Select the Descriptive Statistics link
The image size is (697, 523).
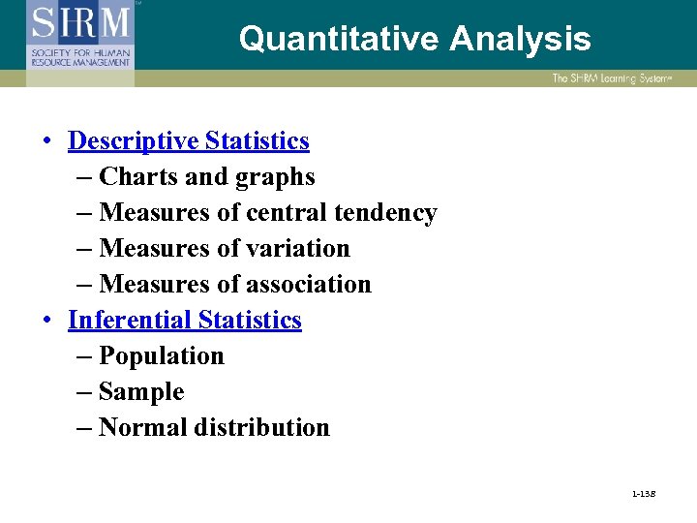(189, 141)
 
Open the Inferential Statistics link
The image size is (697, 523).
(185, 321)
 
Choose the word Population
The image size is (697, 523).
(162, 356)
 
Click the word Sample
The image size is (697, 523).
(141, 392)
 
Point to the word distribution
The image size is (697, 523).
(261, 428)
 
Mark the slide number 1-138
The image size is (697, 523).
(642, 495)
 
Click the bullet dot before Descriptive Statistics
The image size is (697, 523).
(47, 142)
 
